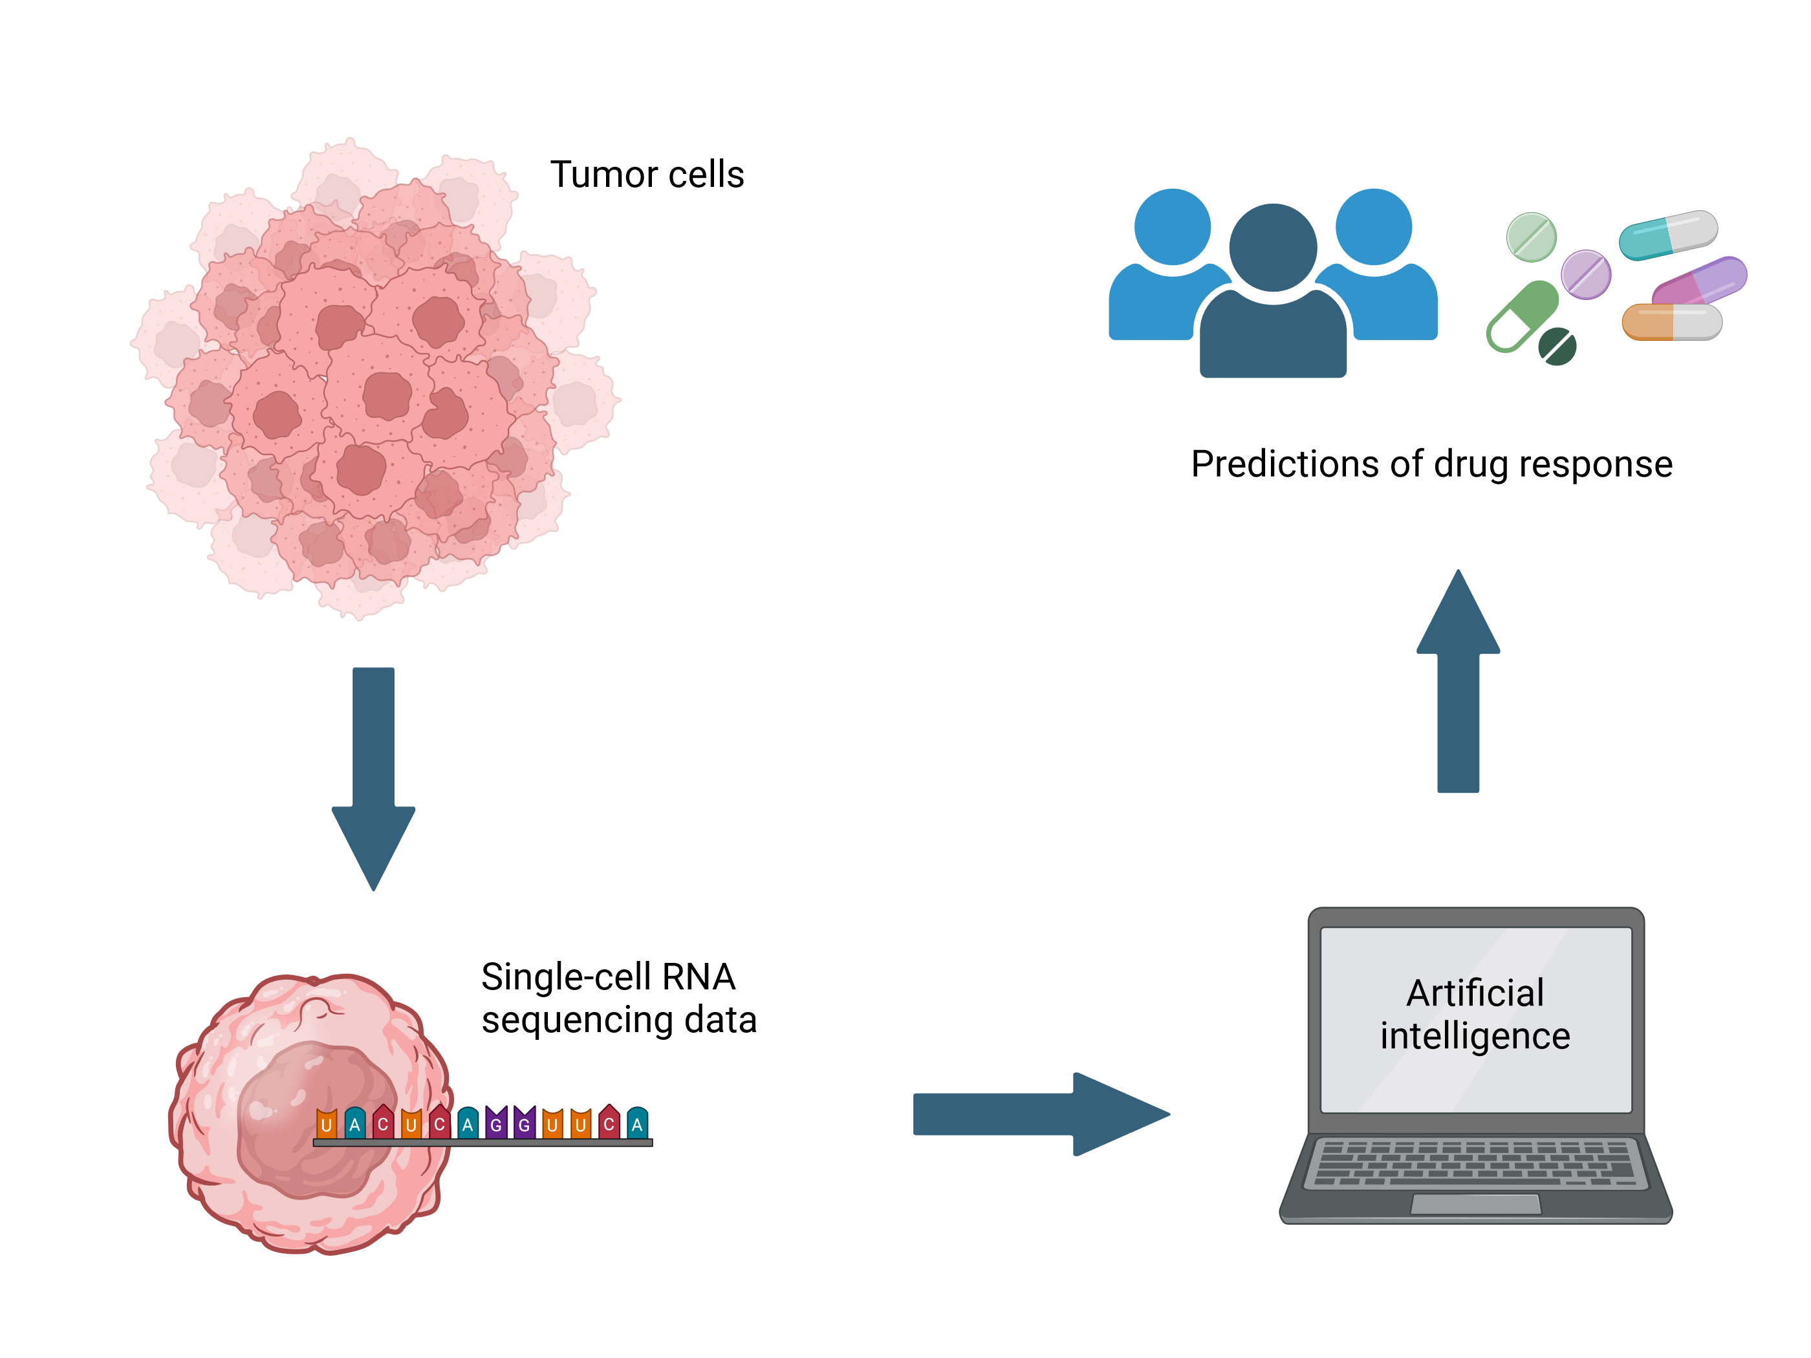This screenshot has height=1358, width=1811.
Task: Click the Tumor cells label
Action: click(x=647, y=175)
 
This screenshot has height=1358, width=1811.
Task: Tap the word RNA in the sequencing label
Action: click(x=699, y=976)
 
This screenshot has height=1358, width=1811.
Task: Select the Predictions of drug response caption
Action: click(x=1431, y=464)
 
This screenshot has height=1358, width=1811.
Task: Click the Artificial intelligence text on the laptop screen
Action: click(x=1475, y=1014)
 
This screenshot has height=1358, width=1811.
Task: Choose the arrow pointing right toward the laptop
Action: click(x=1040, y=1114)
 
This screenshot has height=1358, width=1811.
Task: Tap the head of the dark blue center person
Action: click(x=1272, y=247)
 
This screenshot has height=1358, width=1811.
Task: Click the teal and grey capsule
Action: click(x=1667, y=235)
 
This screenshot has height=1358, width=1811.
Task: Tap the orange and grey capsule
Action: click(x=1672, y=321)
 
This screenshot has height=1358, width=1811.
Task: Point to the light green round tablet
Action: click(x=1531, y=237)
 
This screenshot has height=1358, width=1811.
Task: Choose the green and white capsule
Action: click(x=1521, y=317)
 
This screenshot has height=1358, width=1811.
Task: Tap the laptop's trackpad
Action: click(x=1475, y=1204)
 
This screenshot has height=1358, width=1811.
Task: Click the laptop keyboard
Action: click(x=1475, y=1162)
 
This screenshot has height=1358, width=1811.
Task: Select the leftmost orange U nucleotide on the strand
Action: click(x=327, y=1123)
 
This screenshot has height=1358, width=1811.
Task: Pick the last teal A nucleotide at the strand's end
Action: click(x=637, y=1123)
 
